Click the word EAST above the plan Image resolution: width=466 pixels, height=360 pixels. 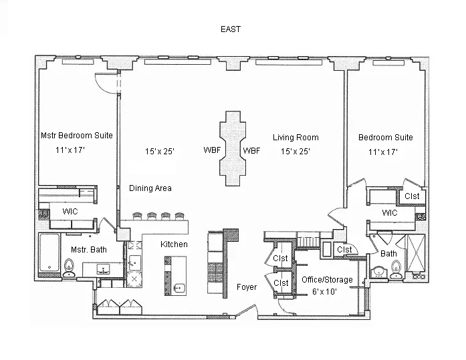coord(231,29)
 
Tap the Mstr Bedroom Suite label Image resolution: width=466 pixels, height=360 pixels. coord(76,136)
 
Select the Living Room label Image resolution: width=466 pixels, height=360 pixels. coord(296,138)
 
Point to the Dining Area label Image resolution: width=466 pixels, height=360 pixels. coord(150,188)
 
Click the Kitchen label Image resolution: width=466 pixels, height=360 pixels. coord(174,244)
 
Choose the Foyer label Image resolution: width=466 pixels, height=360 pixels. coord(247,287)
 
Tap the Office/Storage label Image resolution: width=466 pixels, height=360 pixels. coord(326,280)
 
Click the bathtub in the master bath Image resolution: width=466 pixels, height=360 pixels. coord(49,253)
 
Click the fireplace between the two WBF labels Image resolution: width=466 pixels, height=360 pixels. coord(231,151)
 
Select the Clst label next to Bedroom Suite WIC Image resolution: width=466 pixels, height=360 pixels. coord(412,196)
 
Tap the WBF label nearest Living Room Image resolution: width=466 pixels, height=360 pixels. coord(251,151)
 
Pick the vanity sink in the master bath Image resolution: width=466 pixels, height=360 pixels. coord(103,269)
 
